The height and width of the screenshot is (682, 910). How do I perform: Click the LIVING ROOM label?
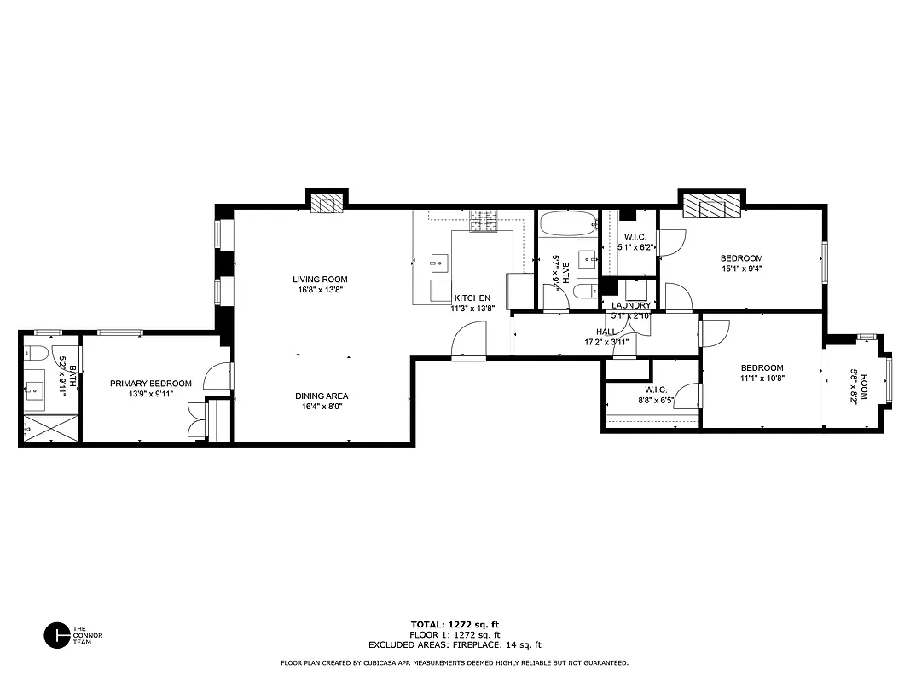(320, 280)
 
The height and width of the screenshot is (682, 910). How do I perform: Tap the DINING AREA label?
(322, 396)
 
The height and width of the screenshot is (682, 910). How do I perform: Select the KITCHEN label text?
(472, 298)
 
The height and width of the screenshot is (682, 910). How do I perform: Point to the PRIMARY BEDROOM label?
(151, 384)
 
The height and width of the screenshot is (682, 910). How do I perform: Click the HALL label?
(606, 332)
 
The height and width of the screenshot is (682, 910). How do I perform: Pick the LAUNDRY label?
(631, 305)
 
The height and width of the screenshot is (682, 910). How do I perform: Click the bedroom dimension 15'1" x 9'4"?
(741, 269)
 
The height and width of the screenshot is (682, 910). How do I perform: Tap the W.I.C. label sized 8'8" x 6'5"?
(654, 390)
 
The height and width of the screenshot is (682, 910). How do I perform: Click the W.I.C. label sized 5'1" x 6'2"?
(635, 237)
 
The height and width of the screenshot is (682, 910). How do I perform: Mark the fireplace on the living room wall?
(326, 203)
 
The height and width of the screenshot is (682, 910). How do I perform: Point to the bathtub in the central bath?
(568, 225)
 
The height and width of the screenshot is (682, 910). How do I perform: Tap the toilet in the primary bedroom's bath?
(37, 353)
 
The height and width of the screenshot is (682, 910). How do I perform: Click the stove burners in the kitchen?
(484, 221)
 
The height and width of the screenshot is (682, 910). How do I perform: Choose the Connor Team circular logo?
(57, 635)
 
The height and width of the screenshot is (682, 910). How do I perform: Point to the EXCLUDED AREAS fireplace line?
(455, 645)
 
